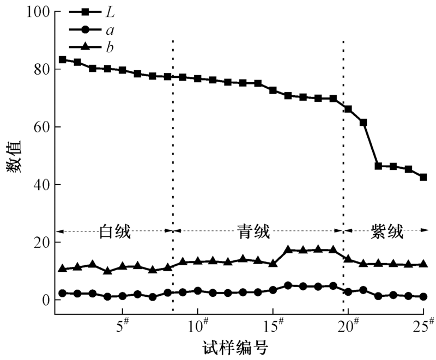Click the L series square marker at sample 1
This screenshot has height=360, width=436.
click(x=63, y=60)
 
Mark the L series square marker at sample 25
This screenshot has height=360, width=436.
click(x=423, y=177)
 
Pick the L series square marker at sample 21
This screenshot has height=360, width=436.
click(x=363, y=123)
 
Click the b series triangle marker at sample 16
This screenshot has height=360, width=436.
click(x=288, y=250)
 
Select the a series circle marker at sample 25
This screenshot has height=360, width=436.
click(x=423, y=297)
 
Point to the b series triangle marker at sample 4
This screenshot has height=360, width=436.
click(x=108, y=271)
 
